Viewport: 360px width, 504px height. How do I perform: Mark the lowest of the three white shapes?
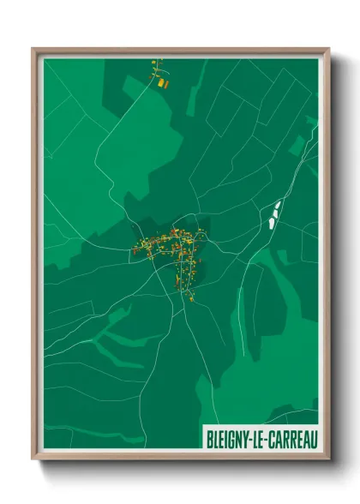click(271, 222)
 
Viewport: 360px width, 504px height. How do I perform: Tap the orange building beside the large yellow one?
click(165, 84)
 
